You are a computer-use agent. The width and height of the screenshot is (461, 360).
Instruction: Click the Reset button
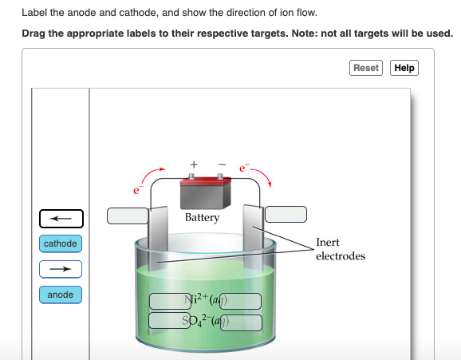(x=366, y=68)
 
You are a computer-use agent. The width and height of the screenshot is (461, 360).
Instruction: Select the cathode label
(x=61, y=243)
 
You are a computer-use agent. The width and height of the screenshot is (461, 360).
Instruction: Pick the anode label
(x=61, y=295)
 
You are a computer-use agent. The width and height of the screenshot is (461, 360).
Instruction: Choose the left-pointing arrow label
(x=61, y=217)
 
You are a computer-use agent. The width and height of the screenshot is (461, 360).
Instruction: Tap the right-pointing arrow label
(x=61, y=269)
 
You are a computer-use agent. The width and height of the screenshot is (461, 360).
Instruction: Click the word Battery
(x=202, y=218)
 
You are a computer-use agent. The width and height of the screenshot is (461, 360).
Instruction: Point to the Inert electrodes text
(x=341, y=249)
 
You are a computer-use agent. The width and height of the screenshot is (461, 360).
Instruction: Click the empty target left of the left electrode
(x=128, y=216)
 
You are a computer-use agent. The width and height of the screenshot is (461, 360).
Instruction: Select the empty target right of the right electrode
(x=286, y=214)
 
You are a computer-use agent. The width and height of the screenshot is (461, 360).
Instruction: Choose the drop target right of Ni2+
(x=241, y=302)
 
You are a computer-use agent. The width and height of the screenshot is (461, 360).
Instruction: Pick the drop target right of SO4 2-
(x=241, y=321)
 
